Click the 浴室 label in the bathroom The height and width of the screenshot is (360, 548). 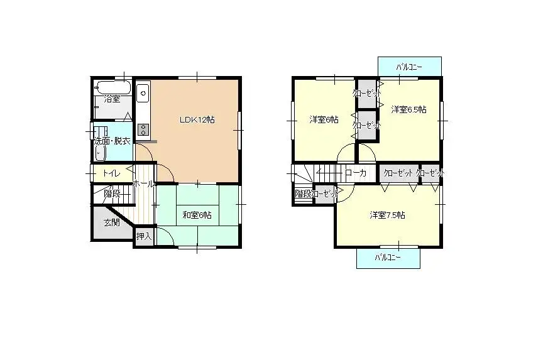point(112,99)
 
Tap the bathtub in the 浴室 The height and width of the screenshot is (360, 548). point(113,87)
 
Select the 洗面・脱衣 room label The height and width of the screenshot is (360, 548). point(112,141)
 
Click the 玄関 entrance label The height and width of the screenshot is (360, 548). point(111,222)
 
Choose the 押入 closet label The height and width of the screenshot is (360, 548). point(144,237)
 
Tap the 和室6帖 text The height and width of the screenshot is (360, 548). point(197,215)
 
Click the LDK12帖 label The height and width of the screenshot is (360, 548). point(197,119)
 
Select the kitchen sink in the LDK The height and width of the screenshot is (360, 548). point(143,94)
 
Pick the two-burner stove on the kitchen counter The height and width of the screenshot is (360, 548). point(143,129)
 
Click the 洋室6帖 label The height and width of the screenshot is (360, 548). point(324,119)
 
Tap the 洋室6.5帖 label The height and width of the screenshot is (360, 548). point(408,109)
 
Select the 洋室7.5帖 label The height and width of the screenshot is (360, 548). point(387,215)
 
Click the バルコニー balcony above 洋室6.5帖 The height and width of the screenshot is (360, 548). point(409,66)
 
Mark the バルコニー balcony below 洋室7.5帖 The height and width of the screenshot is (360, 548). point(388,258)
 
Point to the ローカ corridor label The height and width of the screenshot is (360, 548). point(356,172)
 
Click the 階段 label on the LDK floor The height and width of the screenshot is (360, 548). point(112,194)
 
